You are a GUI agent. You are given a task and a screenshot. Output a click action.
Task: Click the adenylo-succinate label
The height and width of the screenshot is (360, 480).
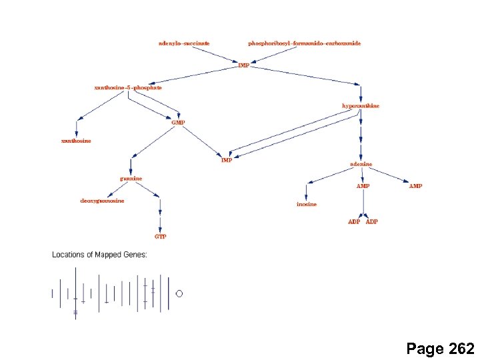tap(184, 43)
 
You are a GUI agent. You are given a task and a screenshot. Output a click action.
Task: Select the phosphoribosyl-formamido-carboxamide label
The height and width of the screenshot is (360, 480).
tap(304, 43)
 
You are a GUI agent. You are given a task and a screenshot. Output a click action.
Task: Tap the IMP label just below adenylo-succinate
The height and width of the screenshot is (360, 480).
tap(243, 65)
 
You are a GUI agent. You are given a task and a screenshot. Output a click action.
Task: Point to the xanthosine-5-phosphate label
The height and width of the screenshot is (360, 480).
tap(128, 87)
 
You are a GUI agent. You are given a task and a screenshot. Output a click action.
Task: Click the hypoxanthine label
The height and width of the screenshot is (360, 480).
tap(361, 106)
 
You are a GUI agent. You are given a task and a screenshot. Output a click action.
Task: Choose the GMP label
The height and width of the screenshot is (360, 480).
tap(178, 123)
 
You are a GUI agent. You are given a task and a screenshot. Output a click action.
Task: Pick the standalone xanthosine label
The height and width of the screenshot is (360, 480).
tap(76, 141)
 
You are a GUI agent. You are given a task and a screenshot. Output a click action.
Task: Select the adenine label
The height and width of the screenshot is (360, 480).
tap(361, 164)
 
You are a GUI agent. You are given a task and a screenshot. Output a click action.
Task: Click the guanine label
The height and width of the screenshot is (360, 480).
tap(131, 179)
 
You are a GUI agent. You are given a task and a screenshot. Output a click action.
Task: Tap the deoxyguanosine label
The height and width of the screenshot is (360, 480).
tap(102, 201)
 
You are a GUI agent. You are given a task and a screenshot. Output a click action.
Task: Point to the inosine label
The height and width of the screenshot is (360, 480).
tap(307, 204)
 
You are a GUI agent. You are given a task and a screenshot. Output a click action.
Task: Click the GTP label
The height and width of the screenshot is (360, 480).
tap(161, 237)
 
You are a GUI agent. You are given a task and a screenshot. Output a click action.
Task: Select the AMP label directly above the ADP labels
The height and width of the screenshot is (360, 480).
tap(363, 186)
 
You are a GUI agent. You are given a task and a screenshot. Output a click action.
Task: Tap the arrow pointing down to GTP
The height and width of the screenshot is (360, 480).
tap(161, 220)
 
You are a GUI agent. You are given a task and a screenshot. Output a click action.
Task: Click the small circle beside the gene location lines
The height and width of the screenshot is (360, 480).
tap(179, 293)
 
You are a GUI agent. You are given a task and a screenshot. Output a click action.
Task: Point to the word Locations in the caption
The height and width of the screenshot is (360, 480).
tap(67, 255)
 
